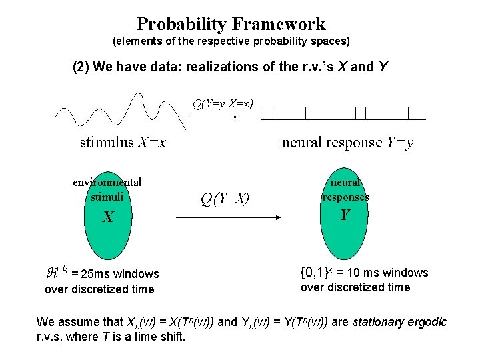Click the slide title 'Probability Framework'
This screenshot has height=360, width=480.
(x=231, y=25)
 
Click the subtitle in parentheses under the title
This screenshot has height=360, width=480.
(x=231, y=41)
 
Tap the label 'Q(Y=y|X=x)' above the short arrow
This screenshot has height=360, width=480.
(x=222, y=103)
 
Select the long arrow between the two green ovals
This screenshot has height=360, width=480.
(x=227, y=217)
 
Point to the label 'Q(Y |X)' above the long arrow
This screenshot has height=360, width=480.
(x=225, y=197)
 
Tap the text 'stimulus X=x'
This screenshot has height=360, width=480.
(x=123, y=142)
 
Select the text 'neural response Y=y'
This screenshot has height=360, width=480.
(x=347, y=142)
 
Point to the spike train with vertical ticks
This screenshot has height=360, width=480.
(x=343, y=113)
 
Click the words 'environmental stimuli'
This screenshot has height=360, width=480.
(x=107, y=189)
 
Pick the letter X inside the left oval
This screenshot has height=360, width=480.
(x=107, y=217)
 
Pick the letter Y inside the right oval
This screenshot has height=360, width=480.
(x=345, y=215)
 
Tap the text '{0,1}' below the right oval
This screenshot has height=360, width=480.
(x=317, y=273)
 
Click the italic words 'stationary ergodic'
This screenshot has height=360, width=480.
(x=399, y=322)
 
